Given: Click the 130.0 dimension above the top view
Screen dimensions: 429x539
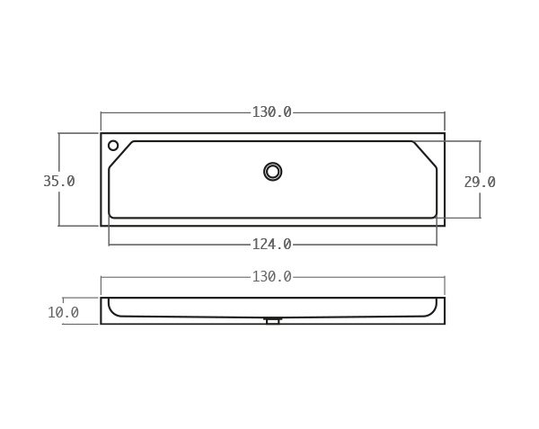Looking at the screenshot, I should pos(271,112).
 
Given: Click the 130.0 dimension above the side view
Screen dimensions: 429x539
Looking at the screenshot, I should pos(271,277).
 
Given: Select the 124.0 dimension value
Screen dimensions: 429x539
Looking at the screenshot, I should pos(271,244).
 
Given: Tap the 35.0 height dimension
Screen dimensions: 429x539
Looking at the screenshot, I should pos(59,181).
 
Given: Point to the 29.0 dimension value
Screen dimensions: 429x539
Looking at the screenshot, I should pos(479,182).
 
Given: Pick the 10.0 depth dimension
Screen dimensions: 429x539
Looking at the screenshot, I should pos(63,312).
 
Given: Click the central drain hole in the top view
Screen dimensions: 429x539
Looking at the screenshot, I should pos(272,171).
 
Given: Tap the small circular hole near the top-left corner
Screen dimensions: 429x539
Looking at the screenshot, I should pos(113,146).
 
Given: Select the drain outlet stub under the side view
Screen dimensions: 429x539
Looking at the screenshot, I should pos(272,320).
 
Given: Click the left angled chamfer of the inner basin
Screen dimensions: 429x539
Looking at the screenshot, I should pos(120,154).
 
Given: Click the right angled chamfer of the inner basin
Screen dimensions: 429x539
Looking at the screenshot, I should pos(425,154).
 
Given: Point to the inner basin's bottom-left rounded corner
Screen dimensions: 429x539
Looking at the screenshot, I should pos(110,216).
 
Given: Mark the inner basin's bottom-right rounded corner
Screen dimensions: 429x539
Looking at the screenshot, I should pos(435,216).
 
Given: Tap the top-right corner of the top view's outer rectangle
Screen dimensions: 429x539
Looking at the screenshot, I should pos(444,134).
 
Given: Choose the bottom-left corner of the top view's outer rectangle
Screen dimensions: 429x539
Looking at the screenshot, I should pos(101,225).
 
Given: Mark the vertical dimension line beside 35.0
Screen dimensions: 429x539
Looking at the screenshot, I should pos(59,202).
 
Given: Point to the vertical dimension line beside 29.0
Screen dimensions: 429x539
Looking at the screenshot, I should pos(480,202).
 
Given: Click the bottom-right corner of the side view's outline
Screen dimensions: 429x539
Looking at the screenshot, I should pos(444,323).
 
